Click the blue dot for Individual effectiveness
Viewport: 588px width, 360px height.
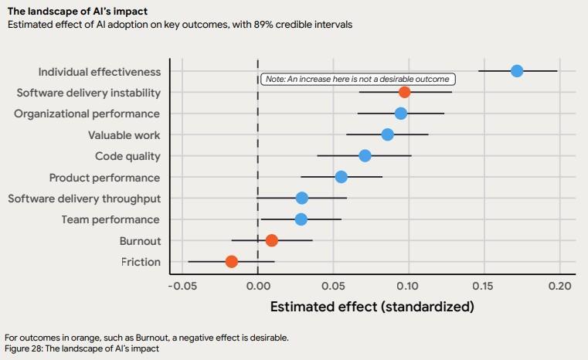click(x=517, y=71)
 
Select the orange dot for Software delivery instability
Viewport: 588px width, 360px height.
click(x=404, y=93)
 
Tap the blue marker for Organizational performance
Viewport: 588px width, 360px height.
click(x=400, y=114)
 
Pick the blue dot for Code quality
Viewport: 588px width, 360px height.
click(x=365, y=156)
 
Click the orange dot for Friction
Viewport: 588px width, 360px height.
click(x=231, y=262)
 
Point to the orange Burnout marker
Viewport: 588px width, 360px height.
click(x=272, y=240)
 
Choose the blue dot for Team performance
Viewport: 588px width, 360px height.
click(x=301, y=219)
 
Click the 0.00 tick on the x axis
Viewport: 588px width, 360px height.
click(x=258, y=285)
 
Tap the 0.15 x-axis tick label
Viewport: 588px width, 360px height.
click(x=484, y=285)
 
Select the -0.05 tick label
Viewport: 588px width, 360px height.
click(x=182, y=285)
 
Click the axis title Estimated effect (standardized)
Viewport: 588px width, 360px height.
click(x=372, y=307)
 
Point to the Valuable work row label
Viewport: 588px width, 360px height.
click(x=124, y=135)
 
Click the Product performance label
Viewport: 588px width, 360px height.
click(x=105, y=178)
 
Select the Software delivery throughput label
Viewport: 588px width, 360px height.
click(x=84, y=199)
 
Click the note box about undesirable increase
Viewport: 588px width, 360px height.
click(x=358, y=79)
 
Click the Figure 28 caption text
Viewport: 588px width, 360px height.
click(x=81, y=349)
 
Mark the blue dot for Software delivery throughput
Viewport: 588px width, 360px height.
click(x=301, y=199)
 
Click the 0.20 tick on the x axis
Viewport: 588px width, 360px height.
click(x=559, y=285)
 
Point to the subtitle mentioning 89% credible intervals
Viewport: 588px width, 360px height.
click(x=179, y=24)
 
